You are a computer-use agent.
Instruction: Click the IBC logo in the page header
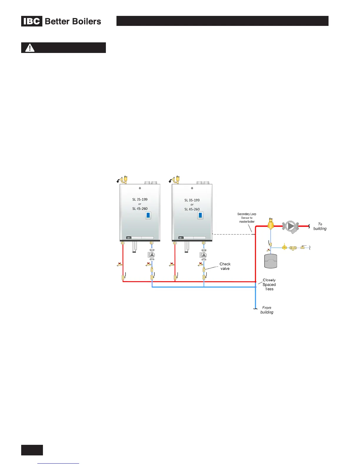point(32,21)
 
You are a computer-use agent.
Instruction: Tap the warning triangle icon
point(30,48)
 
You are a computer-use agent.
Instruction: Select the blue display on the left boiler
point(148,215)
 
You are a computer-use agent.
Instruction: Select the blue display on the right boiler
point(200,215)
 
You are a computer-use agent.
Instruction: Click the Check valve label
point(225,266)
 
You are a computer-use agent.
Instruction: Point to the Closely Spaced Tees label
point(269,284)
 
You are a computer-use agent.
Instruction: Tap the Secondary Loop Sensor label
point(247,218)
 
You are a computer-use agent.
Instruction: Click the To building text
point(320,226)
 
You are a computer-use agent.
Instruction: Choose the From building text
point(267,310)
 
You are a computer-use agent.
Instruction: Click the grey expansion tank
point(271,261)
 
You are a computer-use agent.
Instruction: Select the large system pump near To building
point(291,227)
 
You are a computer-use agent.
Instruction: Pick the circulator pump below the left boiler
point(152,255)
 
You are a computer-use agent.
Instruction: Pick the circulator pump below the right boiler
point(204,255)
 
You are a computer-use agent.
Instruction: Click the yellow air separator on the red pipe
point(271,224)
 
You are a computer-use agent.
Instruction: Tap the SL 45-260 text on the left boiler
point(140,209)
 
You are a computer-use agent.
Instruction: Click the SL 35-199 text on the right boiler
point(192,200)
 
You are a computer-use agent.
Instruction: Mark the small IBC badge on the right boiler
point(181,238)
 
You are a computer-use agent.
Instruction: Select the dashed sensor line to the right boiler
point(232,234)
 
